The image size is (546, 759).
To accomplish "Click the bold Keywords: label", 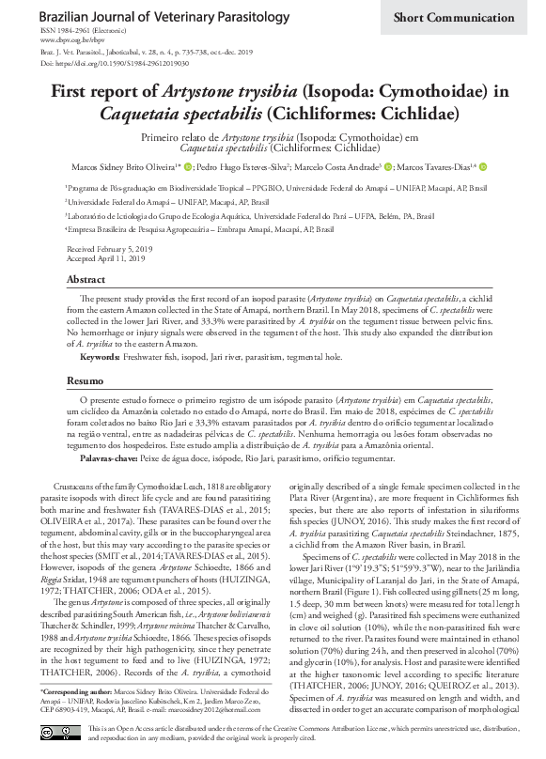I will tap(100, 358).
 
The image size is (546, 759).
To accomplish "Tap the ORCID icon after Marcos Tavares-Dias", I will tap(483, 167).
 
